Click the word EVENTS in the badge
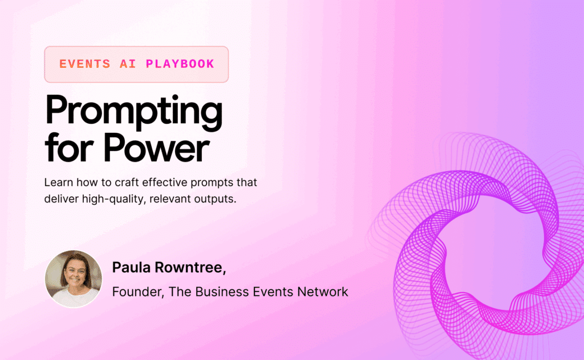click(x=84, y=64)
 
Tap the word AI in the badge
click(x=128, y=64)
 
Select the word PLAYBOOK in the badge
click(x=180, y=64)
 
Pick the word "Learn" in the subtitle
click(x=58, y=184)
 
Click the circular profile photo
click(x=73, y=279)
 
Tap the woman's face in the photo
click(x=73, y=274)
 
